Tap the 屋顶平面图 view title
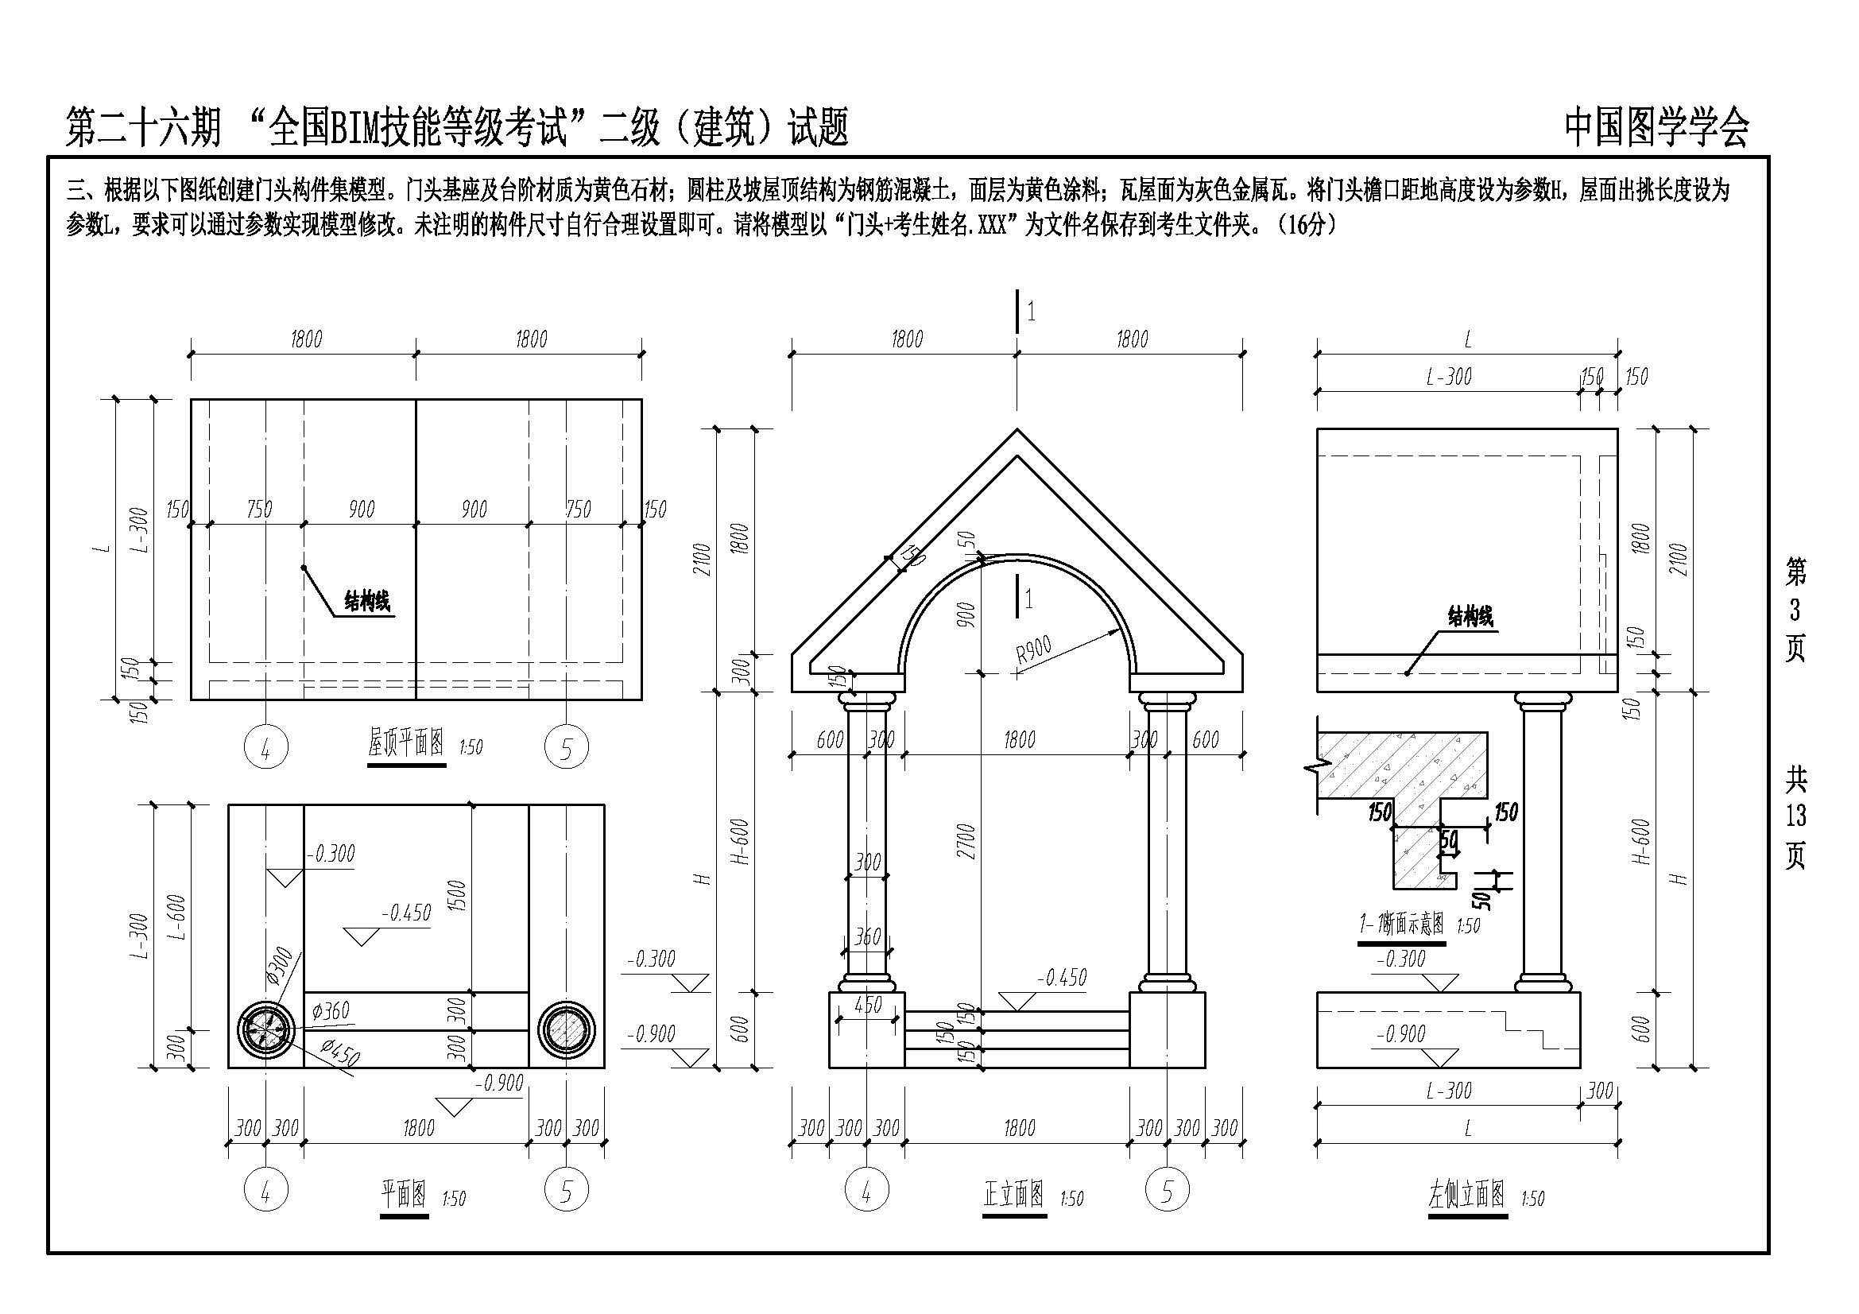point(406,743)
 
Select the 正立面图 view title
point(1013,1195)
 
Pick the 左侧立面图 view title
point(1466,1195)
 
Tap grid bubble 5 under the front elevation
point(1167,1190)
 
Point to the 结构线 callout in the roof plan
point(366,602)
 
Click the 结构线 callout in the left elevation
point(1470,617)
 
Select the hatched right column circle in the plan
point(566,1029)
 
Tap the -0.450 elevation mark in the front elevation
point(1062,978)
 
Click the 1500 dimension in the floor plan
point(458,895)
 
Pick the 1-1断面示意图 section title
point(1400,923)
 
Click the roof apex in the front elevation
point(1017,432)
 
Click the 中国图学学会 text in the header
point(1656,128)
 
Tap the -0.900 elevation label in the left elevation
point(1400,1034)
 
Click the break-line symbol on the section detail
point(1316,765)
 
